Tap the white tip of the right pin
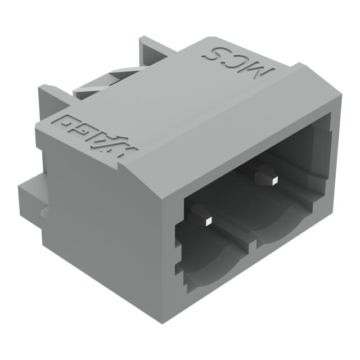coord(274,181)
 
